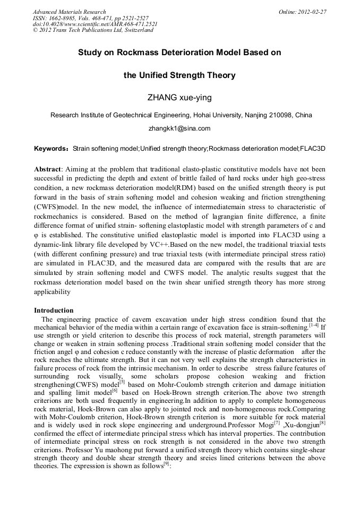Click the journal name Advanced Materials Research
pos(69,12)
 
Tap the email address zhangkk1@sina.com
pos(179,128)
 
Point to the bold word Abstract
pos(47,168)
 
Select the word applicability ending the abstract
pos(52,292)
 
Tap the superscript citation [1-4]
pos(314,325)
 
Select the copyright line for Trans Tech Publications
pos(93,30)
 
